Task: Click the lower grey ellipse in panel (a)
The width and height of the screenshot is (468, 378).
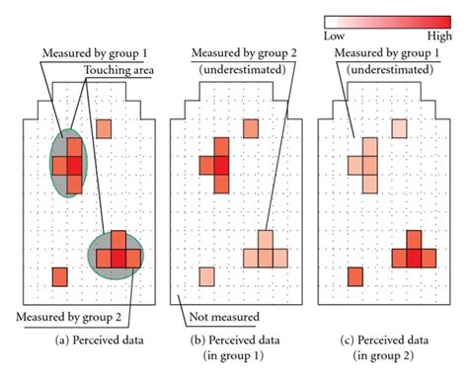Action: (x=117, y=252)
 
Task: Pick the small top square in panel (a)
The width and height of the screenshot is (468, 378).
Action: (x=105, y=127)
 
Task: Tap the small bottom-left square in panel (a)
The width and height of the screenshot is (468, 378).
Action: (x=59, y=275)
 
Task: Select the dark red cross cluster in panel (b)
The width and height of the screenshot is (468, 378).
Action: (x=216, y=158)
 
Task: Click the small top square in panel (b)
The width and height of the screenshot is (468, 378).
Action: (x=252, y=128)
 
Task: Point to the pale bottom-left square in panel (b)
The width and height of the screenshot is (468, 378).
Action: (x=206, y=275)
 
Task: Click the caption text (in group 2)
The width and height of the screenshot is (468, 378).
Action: (x=389, y=354)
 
